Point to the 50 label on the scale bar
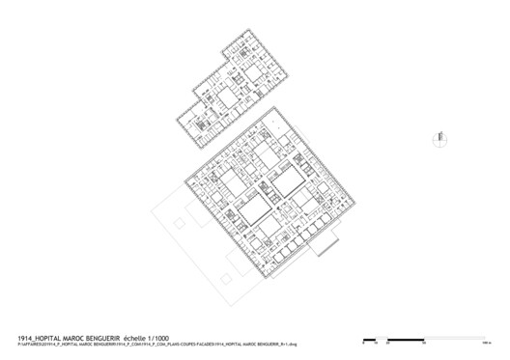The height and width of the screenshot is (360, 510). point(422,343)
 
